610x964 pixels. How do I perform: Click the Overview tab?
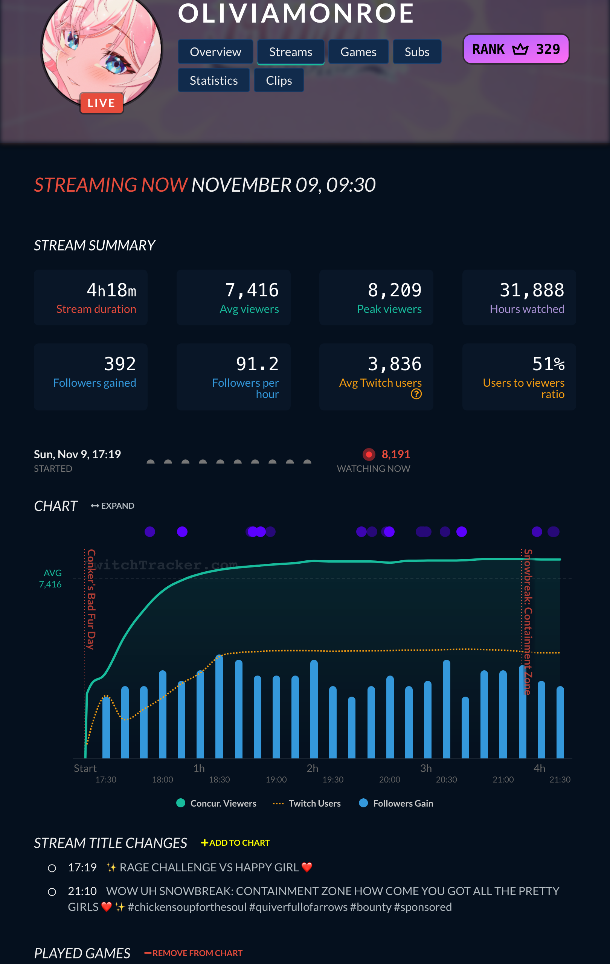(x=215, y=52)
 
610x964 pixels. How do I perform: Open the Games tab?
(x=358, y=52)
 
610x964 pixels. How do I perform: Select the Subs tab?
(x=417, y=52)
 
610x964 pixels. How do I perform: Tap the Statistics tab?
(x=214, y=81)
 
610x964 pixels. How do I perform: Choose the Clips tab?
(x=279, y=81)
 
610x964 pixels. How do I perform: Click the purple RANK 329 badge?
(x=515, y=49)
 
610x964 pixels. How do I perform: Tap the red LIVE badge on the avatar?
(x=101, y=103)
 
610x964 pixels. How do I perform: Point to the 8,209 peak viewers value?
(x=394, y=290)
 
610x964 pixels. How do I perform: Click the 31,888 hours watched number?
(x=532, y=290)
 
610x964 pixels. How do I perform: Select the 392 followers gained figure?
(x=120, y=364)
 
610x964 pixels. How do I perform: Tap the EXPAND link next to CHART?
(x=113, y=506)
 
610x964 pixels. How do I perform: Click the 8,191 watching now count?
(x=395, y=454)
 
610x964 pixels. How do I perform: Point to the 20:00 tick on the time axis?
(x=389, y=779)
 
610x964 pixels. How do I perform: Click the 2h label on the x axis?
(x=312, y=768)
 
